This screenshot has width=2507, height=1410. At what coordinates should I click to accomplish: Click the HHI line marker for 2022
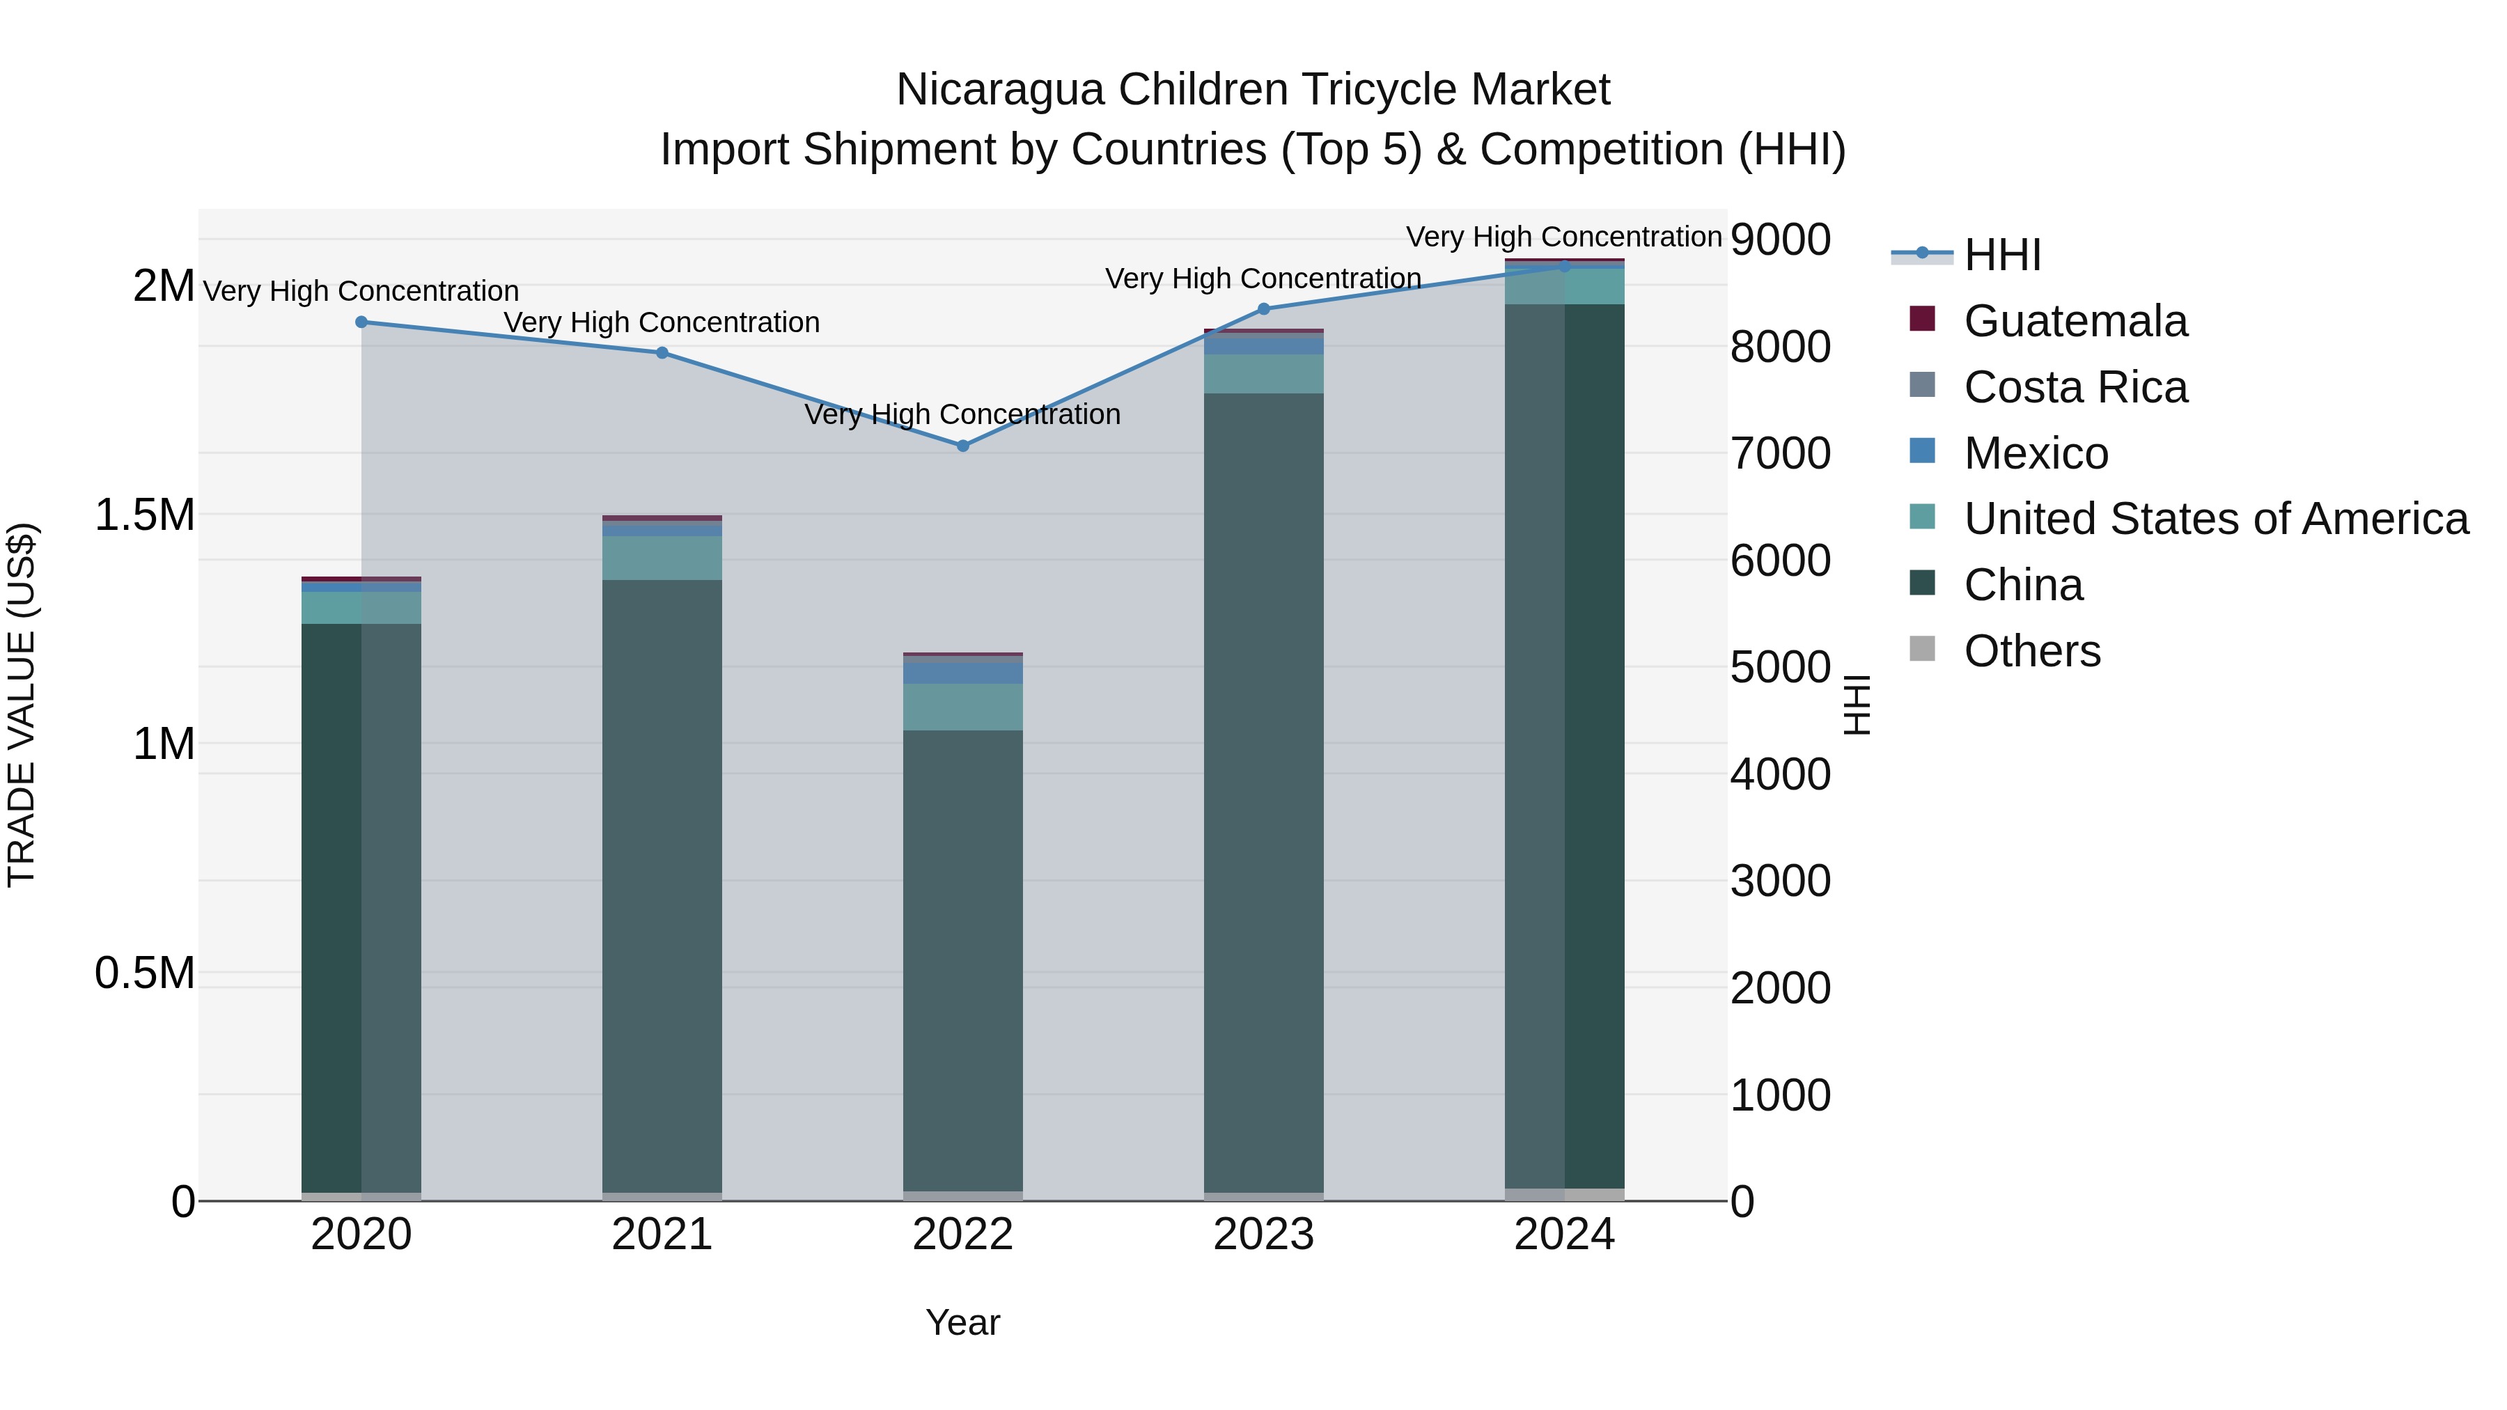[962, 446]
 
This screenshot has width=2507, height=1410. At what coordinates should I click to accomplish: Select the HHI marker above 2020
[361, 322]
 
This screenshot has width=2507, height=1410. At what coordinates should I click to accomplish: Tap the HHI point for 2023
[1263, 309]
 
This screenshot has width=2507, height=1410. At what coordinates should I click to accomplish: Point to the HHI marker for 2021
[662, 352]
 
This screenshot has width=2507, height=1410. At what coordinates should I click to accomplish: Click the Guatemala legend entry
[2075, 321]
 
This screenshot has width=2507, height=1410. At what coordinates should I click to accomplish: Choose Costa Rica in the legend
[2075, 387]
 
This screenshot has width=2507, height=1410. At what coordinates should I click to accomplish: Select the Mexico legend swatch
[1922, 451]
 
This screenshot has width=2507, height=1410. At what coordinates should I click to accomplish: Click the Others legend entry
[2032, 651]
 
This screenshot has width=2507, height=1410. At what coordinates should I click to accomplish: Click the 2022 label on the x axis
[962, 1235]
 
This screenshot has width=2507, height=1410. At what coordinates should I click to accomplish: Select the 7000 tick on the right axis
[1780, 453]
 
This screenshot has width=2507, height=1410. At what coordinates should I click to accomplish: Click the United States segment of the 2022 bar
[962, 707]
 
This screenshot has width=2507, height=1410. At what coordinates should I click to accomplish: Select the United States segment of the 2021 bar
[662, 558]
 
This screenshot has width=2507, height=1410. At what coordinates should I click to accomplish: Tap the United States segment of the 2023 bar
[1263, 374]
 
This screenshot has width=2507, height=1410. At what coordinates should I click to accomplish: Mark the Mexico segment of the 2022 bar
[962, 673]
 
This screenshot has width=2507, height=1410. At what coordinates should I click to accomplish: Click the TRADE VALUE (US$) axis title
[22, 705]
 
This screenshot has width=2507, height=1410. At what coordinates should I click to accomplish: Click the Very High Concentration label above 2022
[962, 414]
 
